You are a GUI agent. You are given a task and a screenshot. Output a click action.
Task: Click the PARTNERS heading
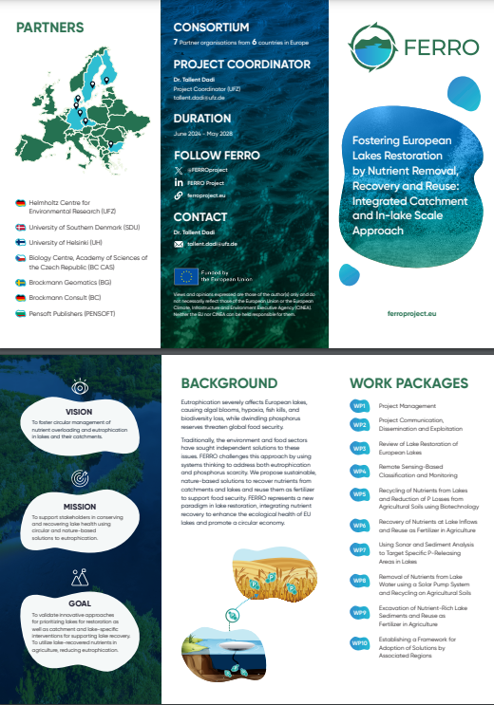(49, 28)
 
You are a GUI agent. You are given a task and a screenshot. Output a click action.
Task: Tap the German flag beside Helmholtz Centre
(21, 203)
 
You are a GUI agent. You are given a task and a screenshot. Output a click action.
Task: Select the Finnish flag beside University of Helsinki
(21, 242)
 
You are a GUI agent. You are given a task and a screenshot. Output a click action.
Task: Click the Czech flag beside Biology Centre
(21, 256)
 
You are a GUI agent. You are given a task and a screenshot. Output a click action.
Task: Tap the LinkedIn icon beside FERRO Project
(178, 181)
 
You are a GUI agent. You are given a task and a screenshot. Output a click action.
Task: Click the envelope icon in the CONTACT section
(178, 244)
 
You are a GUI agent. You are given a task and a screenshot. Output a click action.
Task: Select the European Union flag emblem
(185, 276)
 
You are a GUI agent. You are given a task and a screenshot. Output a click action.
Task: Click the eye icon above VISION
(80, 386)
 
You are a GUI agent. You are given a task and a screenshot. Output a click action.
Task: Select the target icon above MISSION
(80, 477)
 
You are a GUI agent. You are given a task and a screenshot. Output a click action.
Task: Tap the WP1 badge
(360, 406)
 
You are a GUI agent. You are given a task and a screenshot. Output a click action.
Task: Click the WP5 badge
(360, 494)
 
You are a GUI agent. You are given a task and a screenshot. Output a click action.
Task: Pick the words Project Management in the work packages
(408, 406)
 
